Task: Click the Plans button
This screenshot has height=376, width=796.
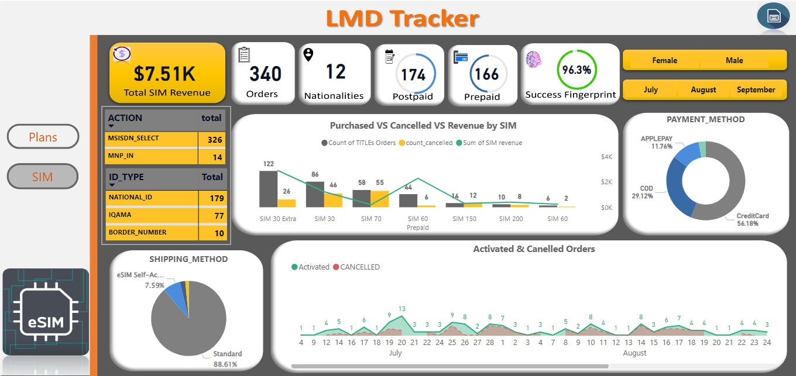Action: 43,137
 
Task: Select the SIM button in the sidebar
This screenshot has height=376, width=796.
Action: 43,176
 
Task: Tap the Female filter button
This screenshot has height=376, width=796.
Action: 664,60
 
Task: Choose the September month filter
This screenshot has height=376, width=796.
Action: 756,89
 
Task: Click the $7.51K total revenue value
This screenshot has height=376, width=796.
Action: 164,74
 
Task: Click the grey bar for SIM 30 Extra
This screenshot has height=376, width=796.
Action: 268,188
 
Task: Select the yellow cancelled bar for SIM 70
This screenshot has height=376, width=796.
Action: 380,198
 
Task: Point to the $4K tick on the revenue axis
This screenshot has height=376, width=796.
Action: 606,157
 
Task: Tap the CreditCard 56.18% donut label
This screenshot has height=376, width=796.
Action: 752,220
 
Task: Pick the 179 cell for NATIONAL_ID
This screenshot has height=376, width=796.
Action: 217,198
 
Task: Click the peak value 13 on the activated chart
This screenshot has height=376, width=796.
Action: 402,309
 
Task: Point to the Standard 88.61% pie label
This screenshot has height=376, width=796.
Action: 227,358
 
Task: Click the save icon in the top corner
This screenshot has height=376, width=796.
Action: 773,16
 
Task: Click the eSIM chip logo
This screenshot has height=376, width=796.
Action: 46,312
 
